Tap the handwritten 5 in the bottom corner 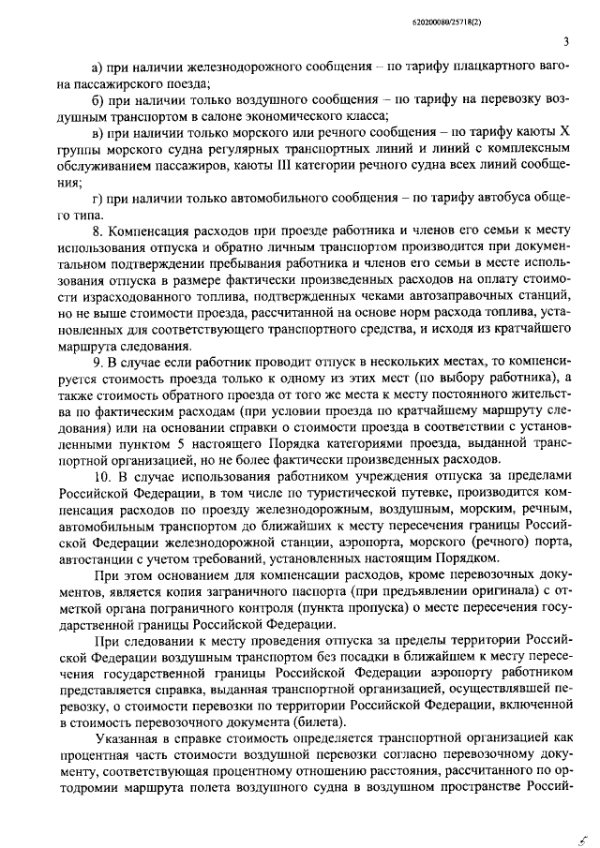tap(581, 829)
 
